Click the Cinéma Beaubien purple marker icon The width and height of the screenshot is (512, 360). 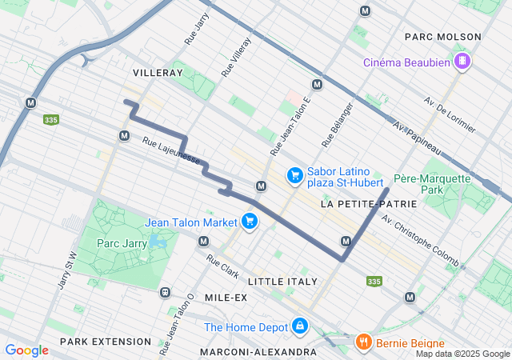462,62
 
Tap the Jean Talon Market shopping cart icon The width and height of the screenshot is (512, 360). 250,221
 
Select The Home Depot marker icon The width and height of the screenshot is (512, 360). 299,326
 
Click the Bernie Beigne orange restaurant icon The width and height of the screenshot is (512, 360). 363,342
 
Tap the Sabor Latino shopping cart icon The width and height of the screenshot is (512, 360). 294,174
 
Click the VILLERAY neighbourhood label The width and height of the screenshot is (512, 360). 158,72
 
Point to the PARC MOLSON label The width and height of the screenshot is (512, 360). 443,37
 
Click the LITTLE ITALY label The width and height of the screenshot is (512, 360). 282,282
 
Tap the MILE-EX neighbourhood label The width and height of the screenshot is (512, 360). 225,298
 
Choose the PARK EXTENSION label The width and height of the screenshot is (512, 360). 106,342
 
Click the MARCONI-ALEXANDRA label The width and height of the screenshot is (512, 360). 258,352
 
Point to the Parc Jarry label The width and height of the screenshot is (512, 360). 119,242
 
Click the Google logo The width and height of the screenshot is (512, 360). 26,350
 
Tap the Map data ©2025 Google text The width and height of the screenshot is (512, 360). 462,354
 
